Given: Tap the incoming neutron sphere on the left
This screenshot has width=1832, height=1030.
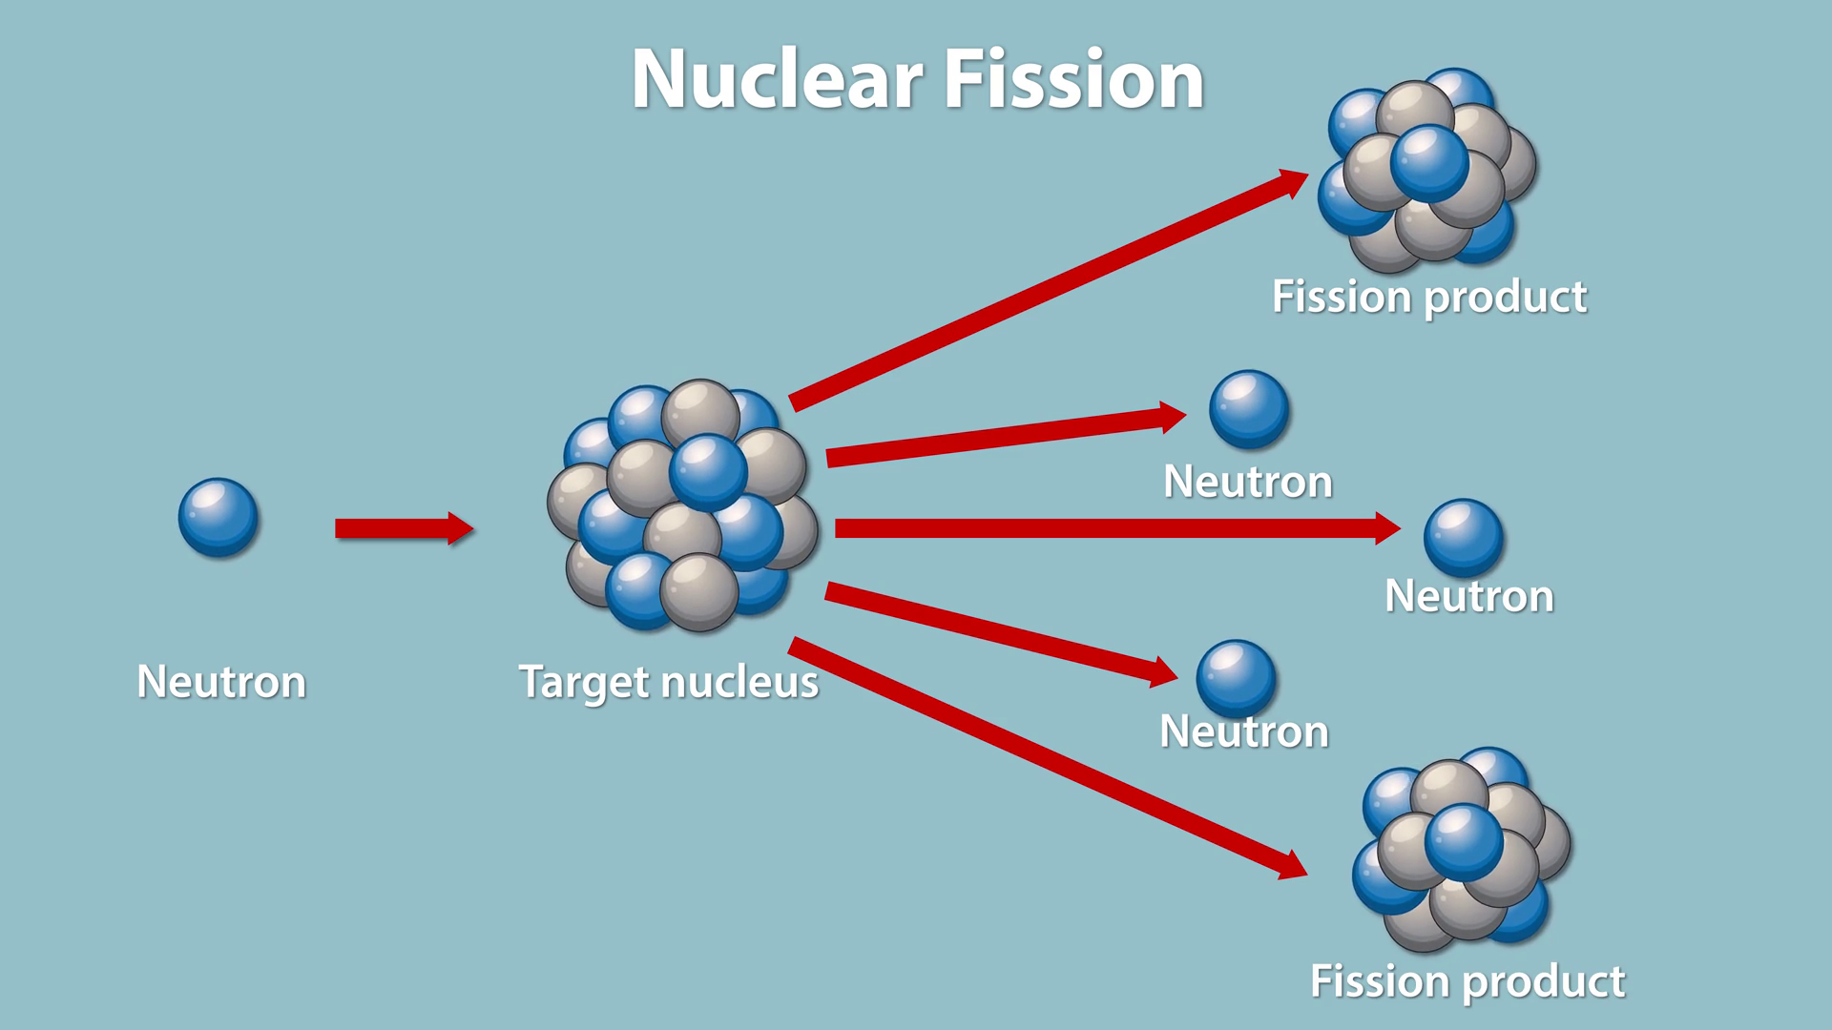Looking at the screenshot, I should tap(218, 517).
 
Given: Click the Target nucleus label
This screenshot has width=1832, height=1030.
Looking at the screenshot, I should tap(668, 682).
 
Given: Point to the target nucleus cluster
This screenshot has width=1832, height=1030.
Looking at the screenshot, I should tap(682, 505).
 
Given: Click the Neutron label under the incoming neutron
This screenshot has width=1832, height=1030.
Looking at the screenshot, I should tap(221, 682).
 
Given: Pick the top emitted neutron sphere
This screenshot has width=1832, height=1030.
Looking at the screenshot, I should tap(1248, 409).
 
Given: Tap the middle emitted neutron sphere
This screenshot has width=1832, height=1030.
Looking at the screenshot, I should tap(1463, 537).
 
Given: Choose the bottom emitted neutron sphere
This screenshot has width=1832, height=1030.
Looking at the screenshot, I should tap(1236, 678).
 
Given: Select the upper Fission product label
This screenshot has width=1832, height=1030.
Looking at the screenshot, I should tap(1428, 297).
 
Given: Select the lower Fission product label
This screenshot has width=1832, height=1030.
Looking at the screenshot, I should tap(1467, 981).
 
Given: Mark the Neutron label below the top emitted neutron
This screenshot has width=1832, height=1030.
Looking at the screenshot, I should tap(1247, 482).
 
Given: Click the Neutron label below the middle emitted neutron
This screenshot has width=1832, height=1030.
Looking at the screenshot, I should tap(1468, 596).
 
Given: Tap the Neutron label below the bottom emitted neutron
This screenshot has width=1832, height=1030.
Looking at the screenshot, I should tap(1243, 731).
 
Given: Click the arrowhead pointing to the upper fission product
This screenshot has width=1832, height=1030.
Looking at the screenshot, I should tap(1293, 181).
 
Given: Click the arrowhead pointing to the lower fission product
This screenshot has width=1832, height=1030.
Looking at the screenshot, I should tap(1292, 865).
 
